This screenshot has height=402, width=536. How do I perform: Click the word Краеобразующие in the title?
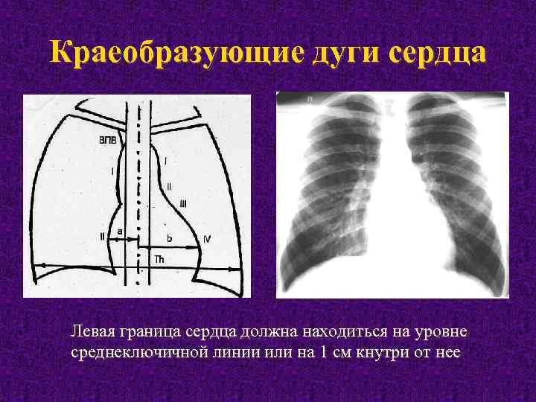pos(166,54)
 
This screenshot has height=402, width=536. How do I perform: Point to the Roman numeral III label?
pos(184,202)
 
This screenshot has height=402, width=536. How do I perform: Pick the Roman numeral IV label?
pos(207,239)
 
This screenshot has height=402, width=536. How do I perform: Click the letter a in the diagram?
pos(119,231)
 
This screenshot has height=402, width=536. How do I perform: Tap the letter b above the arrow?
pos(169,238)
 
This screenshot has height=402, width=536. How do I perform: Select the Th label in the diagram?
pos(159,259)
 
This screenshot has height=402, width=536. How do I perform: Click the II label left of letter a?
pos(102,237)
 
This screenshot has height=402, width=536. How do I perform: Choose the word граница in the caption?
pos(146,331)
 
